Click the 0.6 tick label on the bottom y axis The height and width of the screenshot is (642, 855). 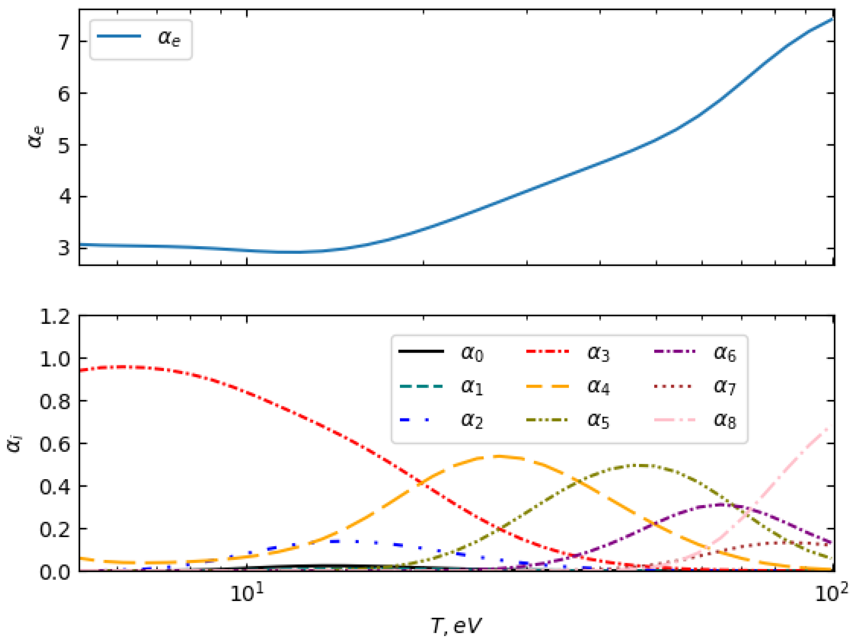click(55, 444)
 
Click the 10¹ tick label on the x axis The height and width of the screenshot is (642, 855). click(247, 593)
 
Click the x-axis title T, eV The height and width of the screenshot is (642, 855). click(456, 625)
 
